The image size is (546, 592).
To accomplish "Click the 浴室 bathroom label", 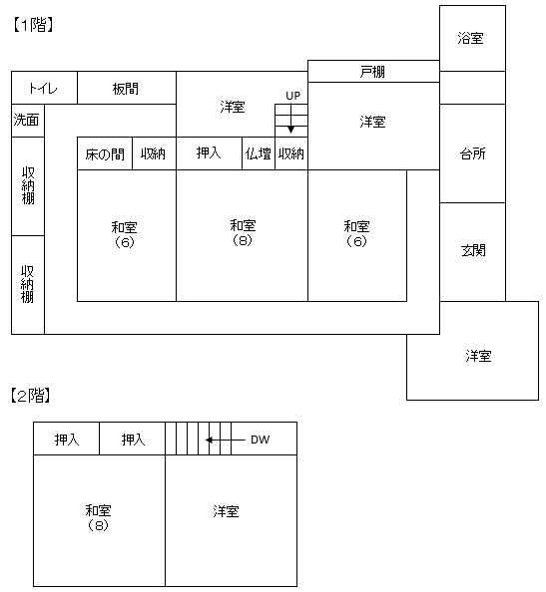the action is pyautogui.click(x=470, y=38).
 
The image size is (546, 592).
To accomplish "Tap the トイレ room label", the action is pyautogui.click(x=43, y=89).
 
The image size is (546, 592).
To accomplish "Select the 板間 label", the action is pyautogui.click(x=126, y=89).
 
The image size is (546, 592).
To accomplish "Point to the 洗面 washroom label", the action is pyautogui.click(x=27, y=120).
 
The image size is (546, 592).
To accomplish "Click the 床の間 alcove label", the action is pyautogui.click(x=105, y=154).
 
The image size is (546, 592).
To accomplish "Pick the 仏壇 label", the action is pyautogui.click(x=259, y=153).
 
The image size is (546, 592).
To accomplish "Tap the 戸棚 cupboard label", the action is pyautogui.click(x=372, y=72).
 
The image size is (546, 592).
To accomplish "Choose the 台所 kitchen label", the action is pyautogui.click(x=473, y=153).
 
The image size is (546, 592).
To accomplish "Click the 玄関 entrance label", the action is pyautogui.click(x=473, y=250).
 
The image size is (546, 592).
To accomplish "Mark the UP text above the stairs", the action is pyautogui.click(x=293, y=96).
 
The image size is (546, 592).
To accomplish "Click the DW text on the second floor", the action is pyautogui.click(x=261, y=440).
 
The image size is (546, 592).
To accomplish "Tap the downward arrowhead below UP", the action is pyautogui.click(x=290, y=130).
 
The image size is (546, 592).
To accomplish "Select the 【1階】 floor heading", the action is pyautogui.click(x=33, y=25).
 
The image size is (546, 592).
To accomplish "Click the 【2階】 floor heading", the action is pyautogui.click(x=31, y=396).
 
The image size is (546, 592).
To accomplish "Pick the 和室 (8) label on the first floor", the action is pyautogui.click(x=243, y=232).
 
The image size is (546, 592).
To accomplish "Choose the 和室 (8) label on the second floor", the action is pyautogui.click(x=98, y=517).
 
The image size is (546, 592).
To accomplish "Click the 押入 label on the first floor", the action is pyautogui.click(x=209, y=152).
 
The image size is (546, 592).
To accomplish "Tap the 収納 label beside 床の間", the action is pyautogui.click(x=153, y=153).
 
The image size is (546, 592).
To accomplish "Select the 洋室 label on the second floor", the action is pyautogui.click(x=227, y=511).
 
